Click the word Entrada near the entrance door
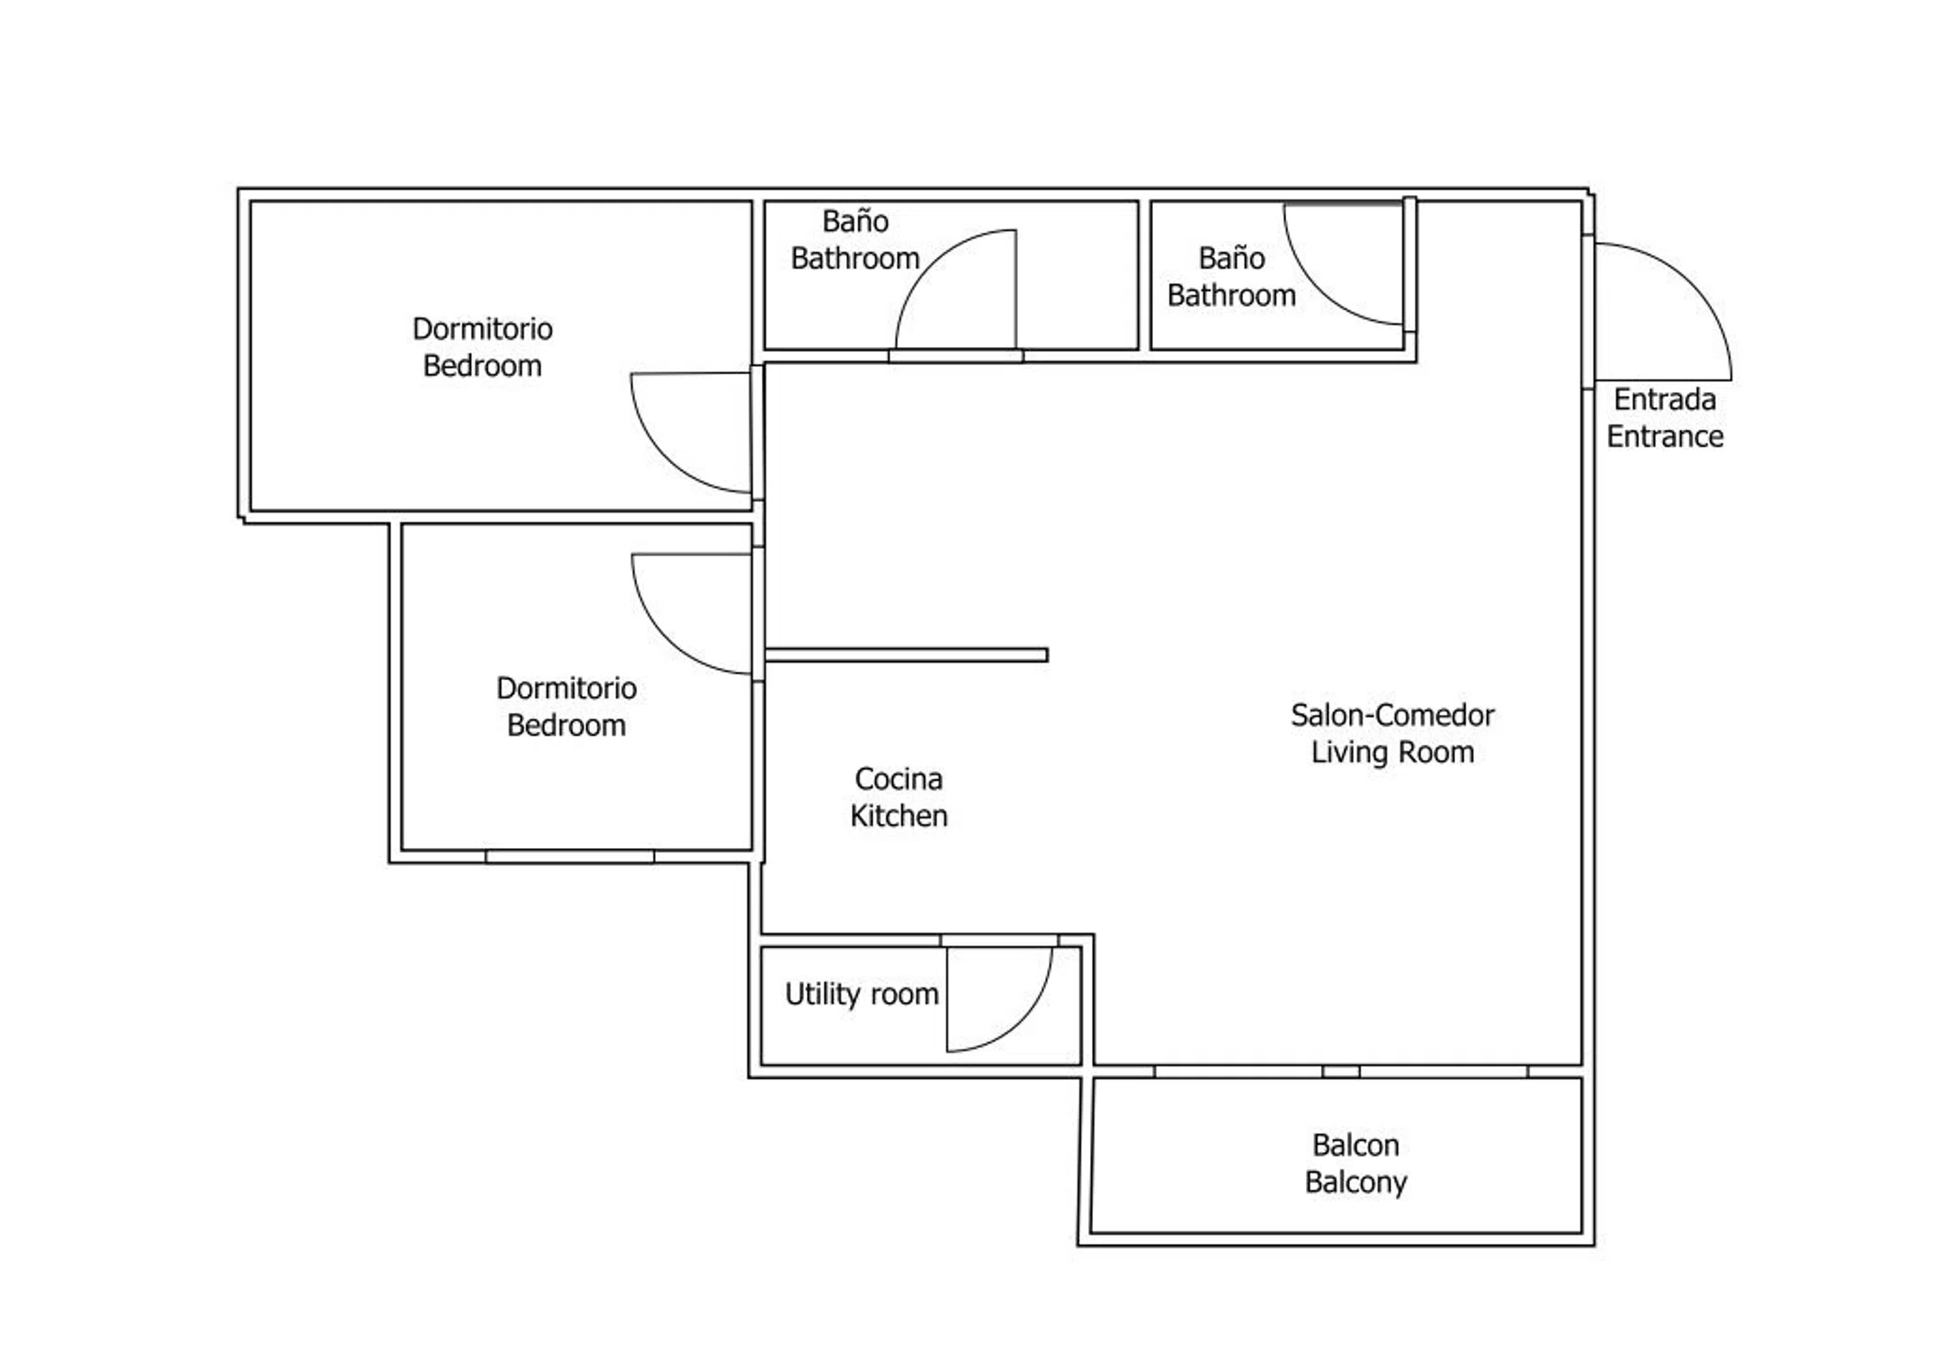coord(1664,399)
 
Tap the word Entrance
coord(1665,436)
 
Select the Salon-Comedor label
coord(1392,715)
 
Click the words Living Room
coord(1392,752)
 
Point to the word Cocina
coord(898,779)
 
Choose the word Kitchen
coord(898,816)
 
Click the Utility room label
coord(862,994)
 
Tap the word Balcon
coord(1355,1145)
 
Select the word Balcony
coord(1355,1182)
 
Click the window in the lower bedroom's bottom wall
coord(570,856)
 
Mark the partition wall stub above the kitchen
coord(907,655)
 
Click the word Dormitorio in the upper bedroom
coord(482,329)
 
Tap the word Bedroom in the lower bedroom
coord(566,725)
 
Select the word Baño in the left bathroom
coord(854,221)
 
